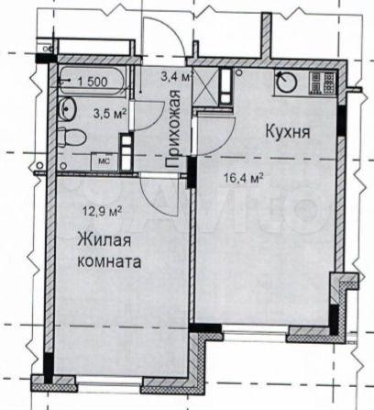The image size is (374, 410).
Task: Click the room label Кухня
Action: pos(288,132)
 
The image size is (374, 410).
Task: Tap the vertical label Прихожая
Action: pos(173,128)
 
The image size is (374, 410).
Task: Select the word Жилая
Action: pos(104,240)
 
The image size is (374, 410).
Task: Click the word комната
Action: pos(109,261)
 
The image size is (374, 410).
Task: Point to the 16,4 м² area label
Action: pos(244,177)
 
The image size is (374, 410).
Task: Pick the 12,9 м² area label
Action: pos(103,211)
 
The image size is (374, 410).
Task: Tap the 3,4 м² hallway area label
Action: pos(177,76)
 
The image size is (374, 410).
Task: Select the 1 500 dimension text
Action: pos(93,82)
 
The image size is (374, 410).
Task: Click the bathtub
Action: pos(92,82)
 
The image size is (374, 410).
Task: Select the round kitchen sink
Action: pos(287,81)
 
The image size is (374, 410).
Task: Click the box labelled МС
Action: pos(104,161)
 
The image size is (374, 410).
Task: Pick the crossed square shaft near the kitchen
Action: pos(206,86)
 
